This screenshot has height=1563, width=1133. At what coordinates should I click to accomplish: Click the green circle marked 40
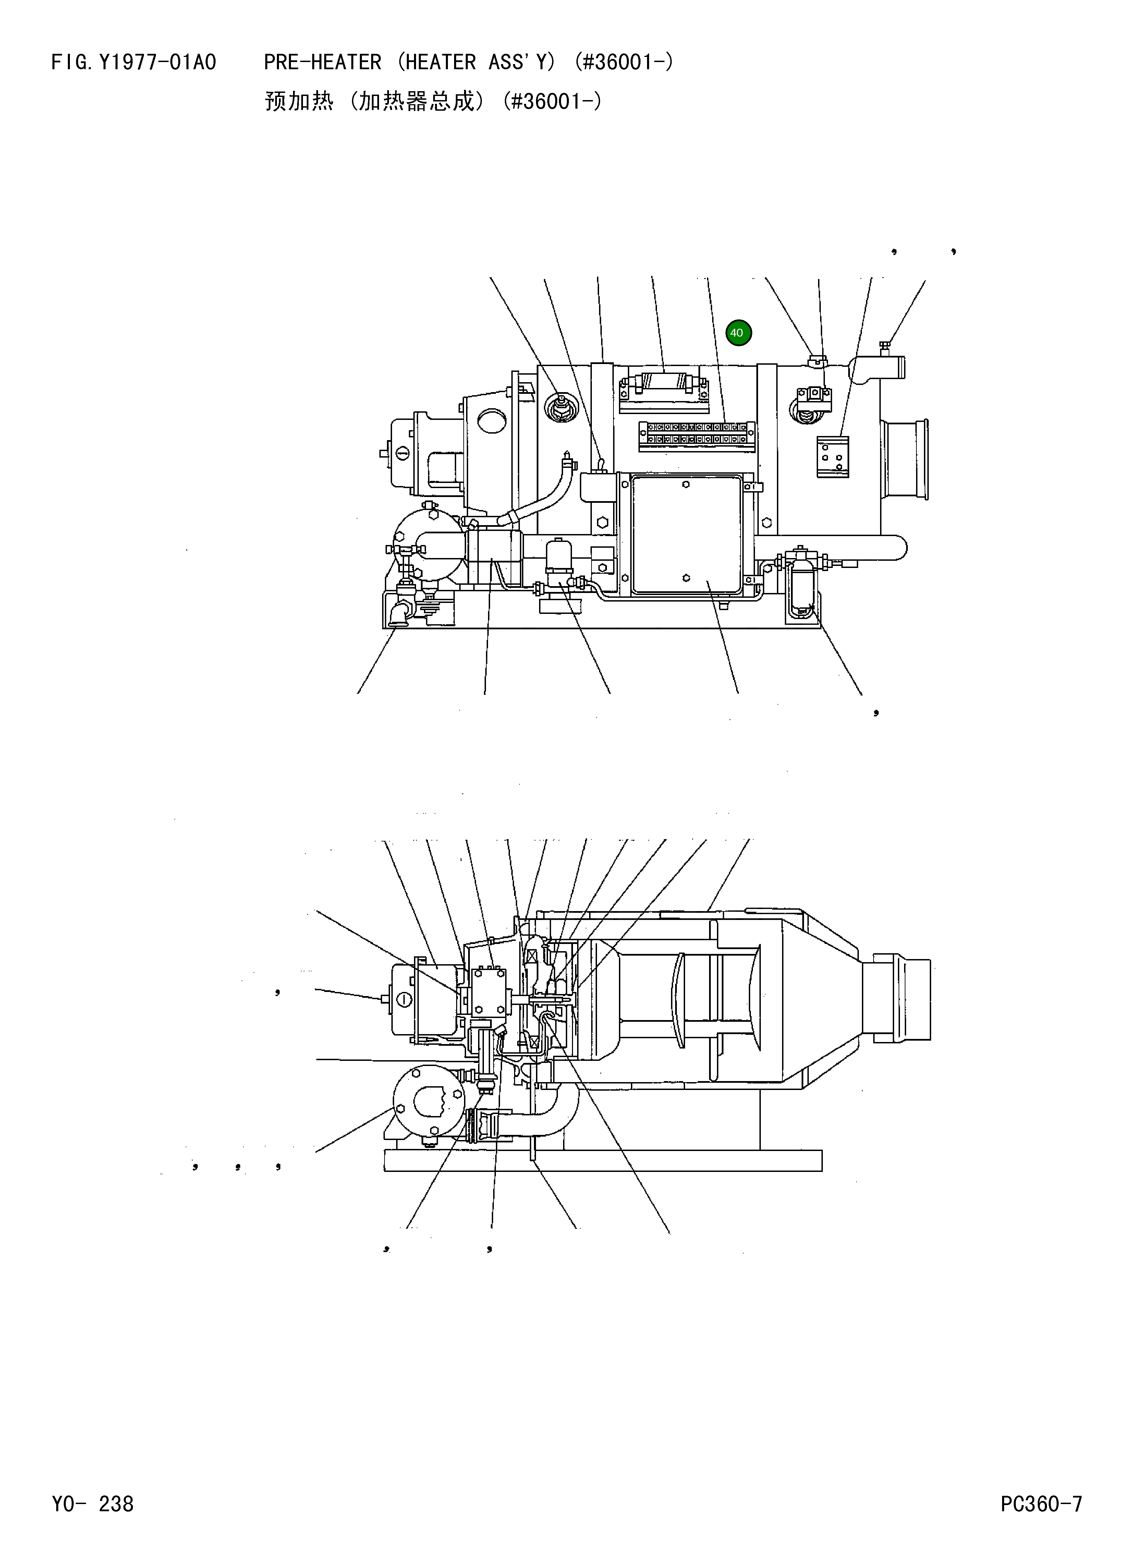[738, 333]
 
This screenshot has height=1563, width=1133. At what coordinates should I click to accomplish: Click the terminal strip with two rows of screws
[696, 434]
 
